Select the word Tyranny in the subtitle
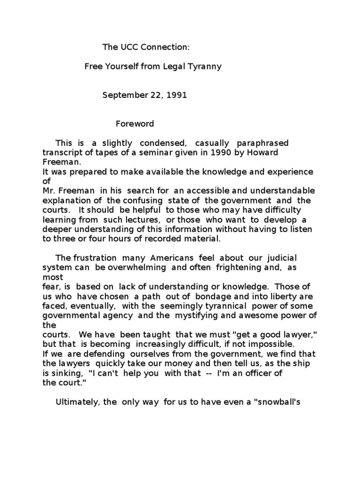[x=204, y=67]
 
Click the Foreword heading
[x=135, y=124]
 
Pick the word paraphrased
[x=263, y=143]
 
